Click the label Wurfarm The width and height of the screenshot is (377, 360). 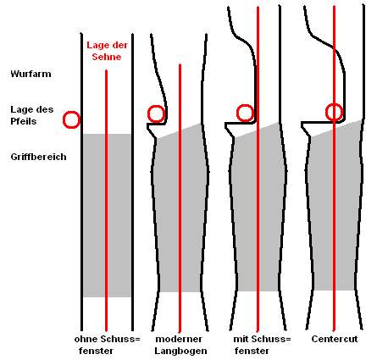click(x=30, y=74)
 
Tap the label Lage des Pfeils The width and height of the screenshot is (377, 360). click(x=32, y=115)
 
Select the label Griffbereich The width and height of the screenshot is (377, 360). click(x=38, y=157)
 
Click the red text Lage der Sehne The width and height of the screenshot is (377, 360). click(x=107, y=51)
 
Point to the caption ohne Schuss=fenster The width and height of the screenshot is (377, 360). click(x=107, y=345)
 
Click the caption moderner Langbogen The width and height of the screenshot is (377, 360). click(x=180, y=345)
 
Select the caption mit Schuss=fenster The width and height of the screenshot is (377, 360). click(x=262, y=345)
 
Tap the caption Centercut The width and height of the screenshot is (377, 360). click(x=335, y=339)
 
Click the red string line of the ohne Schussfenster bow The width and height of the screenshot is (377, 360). click(x=106, y=201)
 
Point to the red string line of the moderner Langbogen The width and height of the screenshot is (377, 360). click(x=180, y=197)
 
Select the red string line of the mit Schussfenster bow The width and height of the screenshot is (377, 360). click(x=258, y=169)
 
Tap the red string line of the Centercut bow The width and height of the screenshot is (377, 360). click(x=334, y=169)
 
